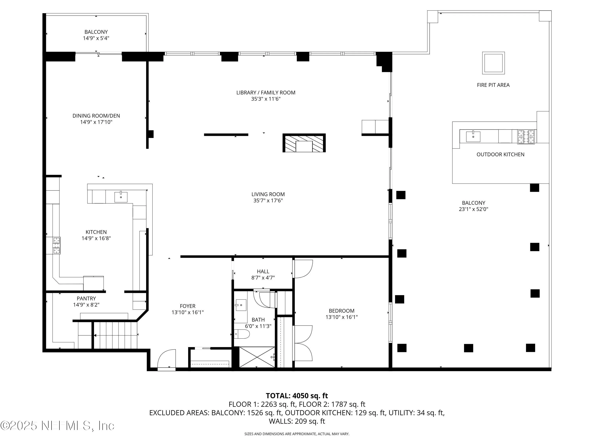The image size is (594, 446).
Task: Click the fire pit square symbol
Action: (493, 63)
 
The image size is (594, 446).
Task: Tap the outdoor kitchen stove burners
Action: (526, 137)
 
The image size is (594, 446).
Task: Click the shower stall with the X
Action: (257, 357)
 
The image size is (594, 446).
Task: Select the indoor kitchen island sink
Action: (121, 197)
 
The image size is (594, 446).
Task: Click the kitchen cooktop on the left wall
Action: (56, 245)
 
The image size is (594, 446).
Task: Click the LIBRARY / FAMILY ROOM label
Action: (266, 93)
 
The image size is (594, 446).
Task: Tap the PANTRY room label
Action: (86, 298)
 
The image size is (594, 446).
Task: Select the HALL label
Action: (263, 272)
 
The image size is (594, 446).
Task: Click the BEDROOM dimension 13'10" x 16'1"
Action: (341, 317)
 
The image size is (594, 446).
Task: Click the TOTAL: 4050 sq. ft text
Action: (297, 396)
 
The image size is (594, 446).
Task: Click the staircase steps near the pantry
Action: (115, 335)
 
